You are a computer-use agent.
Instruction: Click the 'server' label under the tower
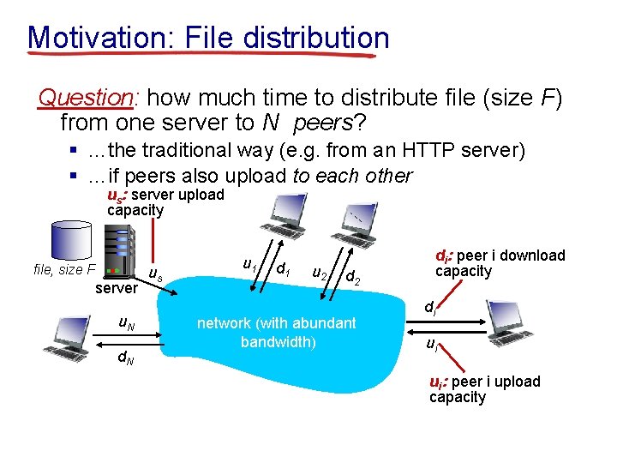(116, 289)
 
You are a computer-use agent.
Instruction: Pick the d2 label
(353, 277)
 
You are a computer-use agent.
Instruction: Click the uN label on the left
(126, 323)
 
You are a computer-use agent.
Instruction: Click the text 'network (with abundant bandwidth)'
(276, 332)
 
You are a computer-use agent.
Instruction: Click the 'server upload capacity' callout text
(163, 202)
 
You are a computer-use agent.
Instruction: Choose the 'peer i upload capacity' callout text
(483, 388)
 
